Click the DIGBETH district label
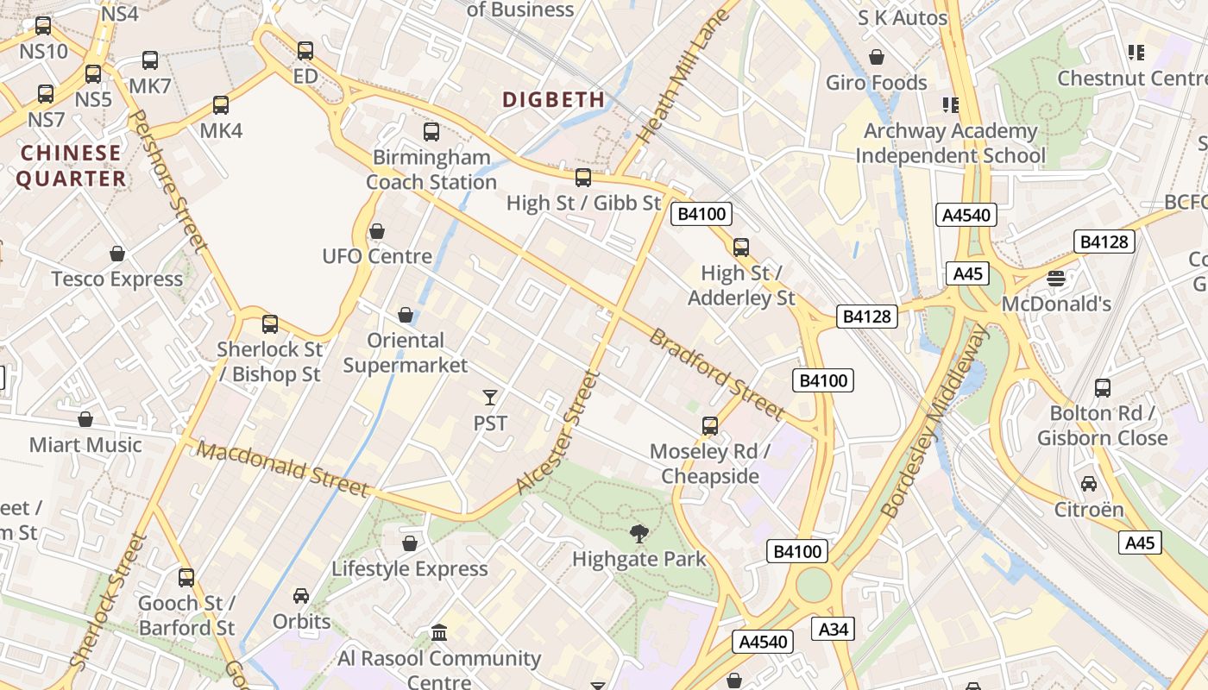[x=553, y=99]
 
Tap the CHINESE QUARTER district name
[x=71, y=166]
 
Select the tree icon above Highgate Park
[x=639, y=534]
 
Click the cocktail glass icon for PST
[x=490, y=398]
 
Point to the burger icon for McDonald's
[x=1055, y=279]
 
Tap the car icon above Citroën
[x=1089, y=484]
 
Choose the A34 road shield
[x=833, y=629]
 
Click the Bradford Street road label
[x=716, y=373]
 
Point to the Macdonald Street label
[x=282, y=468]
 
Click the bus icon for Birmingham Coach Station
[x=431, y=132]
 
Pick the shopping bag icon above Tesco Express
[x=117, y=254]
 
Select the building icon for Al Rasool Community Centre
[x=439, y=633]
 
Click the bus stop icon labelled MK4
[x=221, y=105]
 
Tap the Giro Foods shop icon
[x=877, y=58]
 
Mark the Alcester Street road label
[x=557, y=433]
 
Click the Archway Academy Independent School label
[x=950, y=143]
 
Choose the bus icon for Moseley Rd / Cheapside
[x=709, y=426]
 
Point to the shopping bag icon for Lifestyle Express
[x=410, y=543]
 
